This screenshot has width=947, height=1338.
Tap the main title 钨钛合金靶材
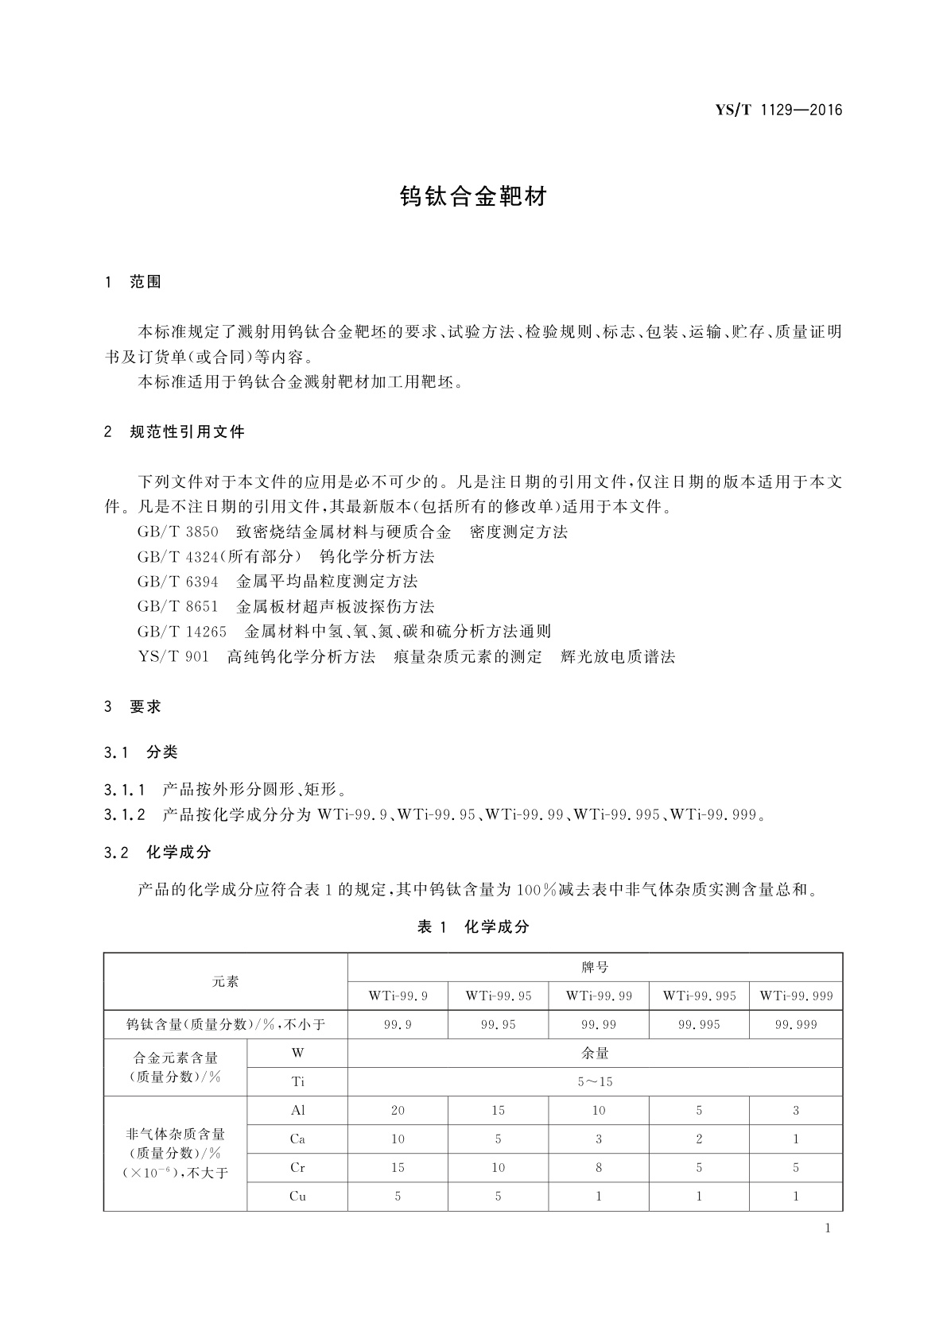(x=473, y=197)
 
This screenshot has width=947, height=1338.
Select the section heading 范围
(x=146, y=281)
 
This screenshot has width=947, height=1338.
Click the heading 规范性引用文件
(x=187, y=432)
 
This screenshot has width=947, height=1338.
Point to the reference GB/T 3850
(x=177, y=532)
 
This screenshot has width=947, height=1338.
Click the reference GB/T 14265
(x=182, y=632)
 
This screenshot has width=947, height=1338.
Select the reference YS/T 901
(x=173, y=656)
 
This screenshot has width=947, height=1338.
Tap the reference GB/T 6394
(x=177, y=582)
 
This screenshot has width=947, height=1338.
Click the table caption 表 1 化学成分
(x=473, y=926)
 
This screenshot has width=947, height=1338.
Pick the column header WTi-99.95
(x=499, y=996)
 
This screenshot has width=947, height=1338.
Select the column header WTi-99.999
(x=796, y=996)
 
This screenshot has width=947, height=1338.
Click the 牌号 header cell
(x=595, y=967)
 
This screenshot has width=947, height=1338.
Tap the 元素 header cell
(x=225, y=981)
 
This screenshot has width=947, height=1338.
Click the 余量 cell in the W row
(x=595, y=1053)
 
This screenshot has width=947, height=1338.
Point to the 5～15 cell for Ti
(x=595, y=1081)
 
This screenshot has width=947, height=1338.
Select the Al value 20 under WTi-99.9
(x=398, y=1110)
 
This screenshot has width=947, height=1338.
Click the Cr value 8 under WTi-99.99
(x=598, y=1167)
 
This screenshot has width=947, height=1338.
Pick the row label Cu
(x=297, y=1196)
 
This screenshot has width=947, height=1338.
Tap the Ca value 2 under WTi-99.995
(x=699, y=1139)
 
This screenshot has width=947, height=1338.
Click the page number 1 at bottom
(x=828, y=1228)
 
